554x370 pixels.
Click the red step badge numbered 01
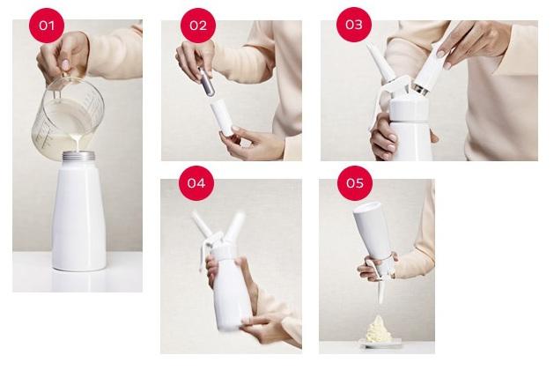tap(46, 25)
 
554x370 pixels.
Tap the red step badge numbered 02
tap(197, 25)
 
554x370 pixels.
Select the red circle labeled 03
tap(353, 25)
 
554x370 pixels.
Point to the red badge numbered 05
tap(354, 183)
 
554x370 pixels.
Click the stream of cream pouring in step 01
tap(78, 144)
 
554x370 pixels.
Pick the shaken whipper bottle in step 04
tap(227, 282)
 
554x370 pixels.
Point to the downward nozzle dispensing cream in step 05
tap(382, 289)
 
